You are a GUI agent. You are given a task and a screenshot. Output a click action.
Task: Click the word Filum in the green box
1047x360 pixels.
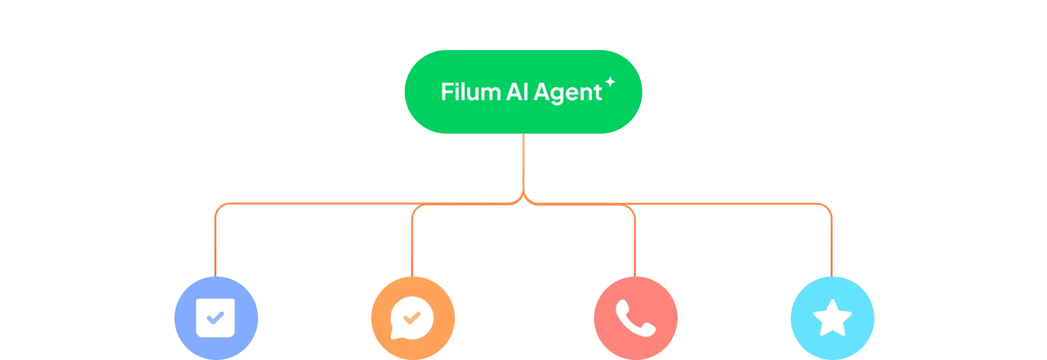tap(470, 92)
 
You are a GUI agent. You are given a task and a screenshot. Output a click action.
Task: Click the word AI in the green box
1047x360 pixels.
tap(517, 92)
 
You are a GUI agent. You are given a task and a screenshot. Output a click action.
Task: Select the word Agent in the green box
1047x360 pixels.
tap(567, 93)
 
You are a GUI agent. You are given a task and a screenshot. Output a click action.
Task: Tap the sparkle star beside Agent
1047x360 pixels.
tap(610, 82)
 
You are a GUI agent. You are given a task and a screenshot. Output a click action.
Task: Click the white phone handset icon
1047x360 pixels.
tap(636, 318)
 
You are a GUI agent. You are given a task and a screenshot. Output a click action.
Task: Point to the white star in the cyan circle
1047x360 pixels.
tap(832, 318)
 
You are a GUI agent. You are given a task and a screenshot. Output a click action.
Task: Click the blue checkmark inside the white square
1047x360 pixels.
tap(215, 318)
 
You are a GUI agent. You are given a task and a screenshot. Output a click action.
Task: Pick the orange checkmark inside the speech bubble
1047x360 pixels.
tap(411, 317)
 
